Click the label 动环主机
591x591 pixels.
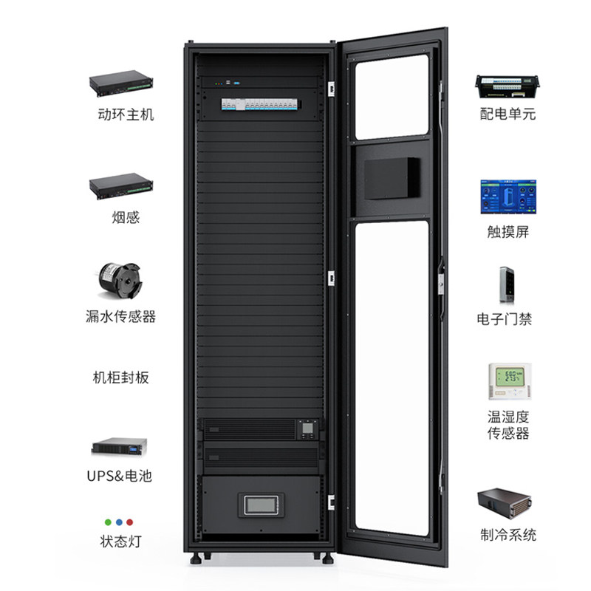[126, 115]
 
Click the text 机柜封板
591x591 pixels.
[120, 378]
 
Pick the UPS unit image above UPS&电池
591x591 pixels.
[120, 446]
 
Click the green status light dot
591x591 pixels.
[108, 522]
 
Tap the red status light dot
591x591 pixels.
[130, 522]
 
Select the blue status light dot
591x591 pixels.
[119, 522]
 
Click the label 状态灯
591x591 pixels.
[120, 542]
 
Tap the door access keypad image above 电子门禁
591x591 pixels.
[506, 285]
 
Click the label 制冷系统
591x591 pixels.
[508, 535]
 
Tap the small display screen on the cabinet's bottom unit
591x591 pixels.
[261, 505]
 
